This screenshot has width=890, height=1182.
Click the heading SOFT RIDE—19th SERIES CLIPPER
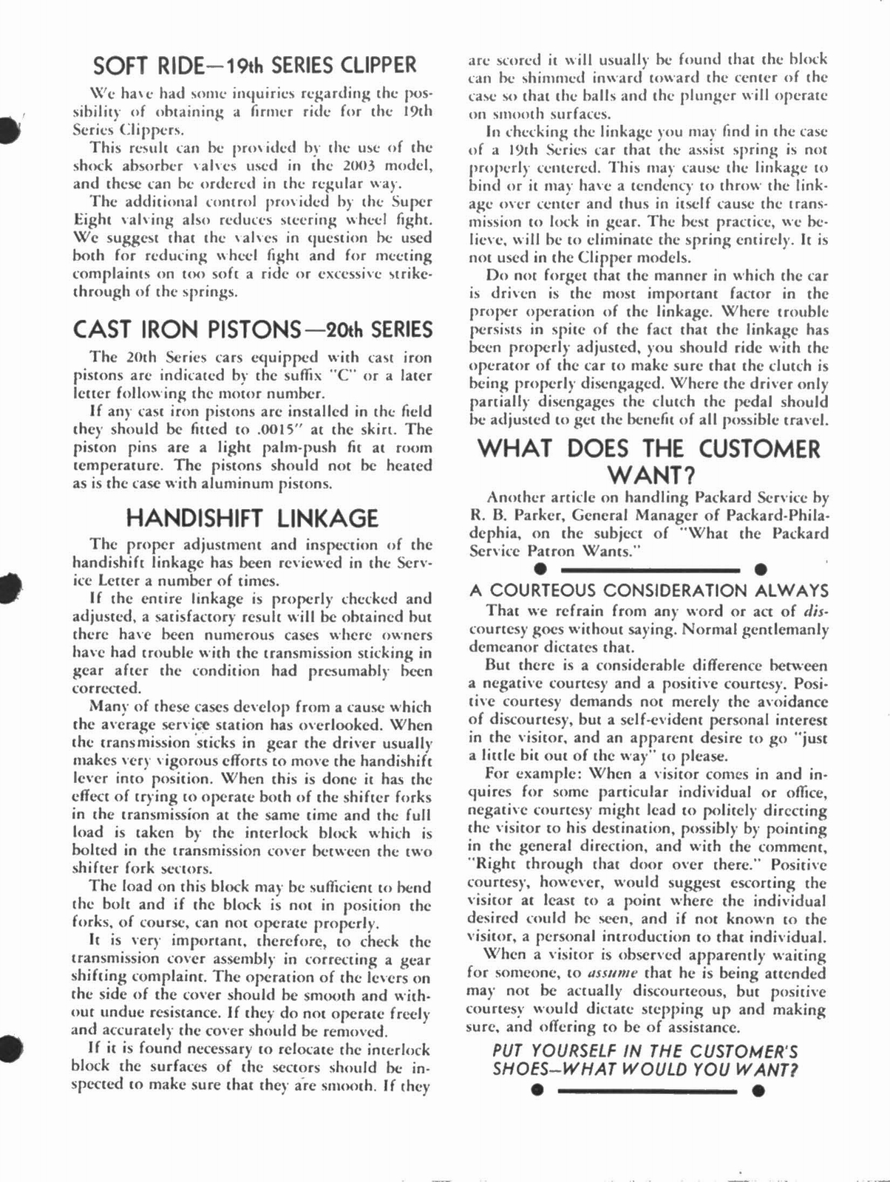pos(255,65)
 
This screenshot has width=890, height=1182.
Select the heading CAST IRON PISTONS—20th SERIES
pos(253,329)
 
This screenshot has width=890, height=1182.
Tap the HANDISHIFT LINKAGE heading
pos(252,518)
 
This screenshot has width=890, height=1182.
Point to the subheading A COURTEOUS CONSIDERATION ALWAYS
pos(648,590)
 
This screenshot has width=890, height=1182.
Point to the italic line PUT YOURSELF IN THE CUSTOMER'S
pos(645,1051)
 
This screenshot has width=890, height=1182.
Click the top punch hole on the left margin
pos(9,131)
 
